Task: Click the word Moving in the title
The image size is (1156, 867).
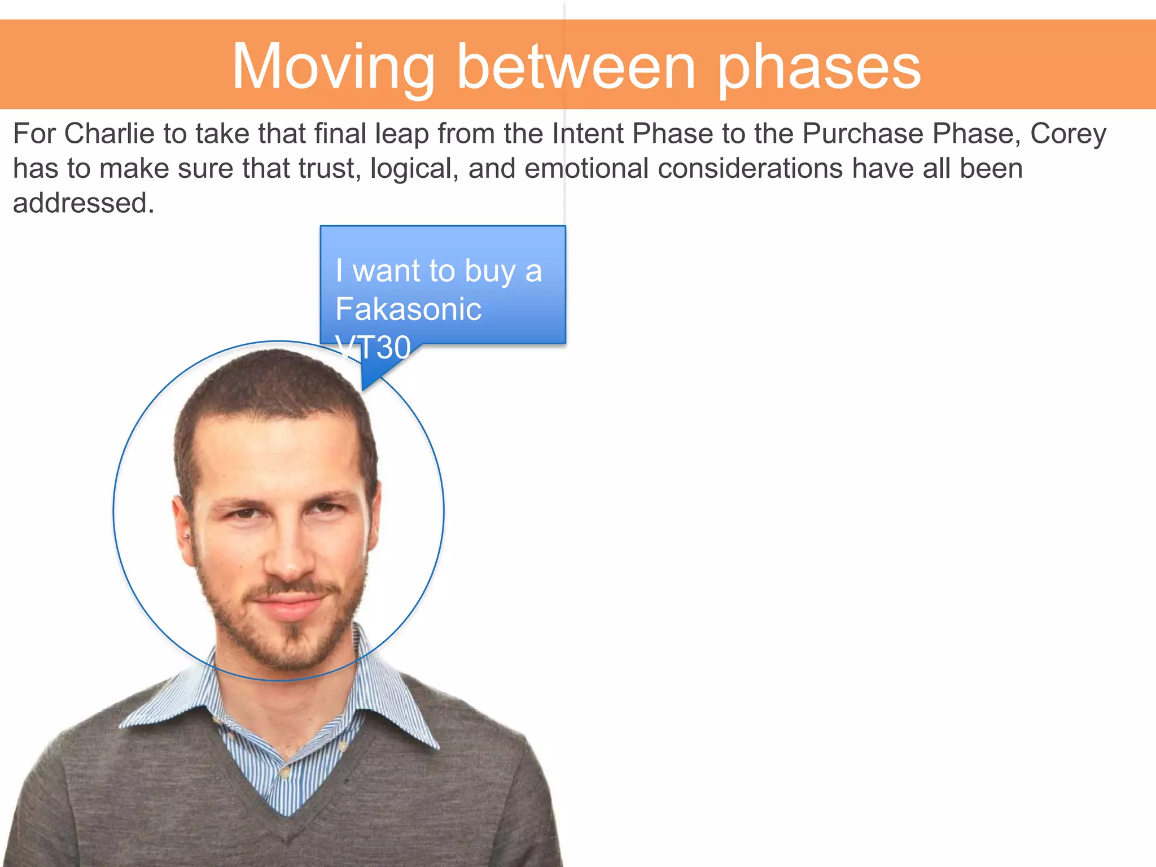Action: [x=333, y=68]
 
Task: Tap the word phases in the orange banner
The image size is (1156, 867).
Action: [x=820, y=68]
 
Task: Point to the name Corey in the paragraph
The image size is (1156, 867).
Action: [x=1068, y=134]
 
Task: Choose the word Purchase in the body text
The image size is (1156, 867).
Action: [x=862, y=134]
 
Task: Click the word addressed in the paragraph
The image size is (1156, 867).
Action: [x=84, y=203]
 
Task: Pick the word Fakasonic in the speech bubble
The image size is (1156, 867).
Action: [x=408, y=309]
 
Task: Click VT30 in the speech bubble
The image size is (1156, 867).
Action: [x=374, y=347]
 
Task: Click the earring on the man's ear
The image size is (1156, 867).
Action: [x=187, y=535]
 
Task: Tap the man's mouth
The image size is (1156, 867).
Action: [x=290, y=606]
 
